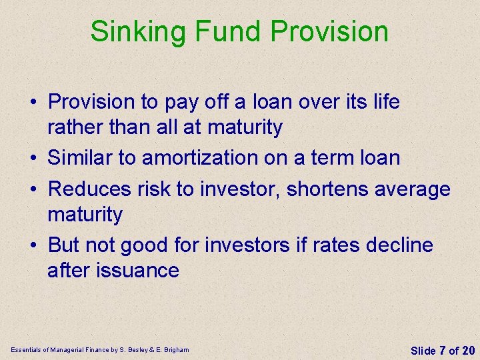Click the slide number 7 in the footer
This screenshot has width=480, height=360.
point(443,351)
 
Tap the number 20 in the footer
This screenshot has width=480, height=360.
point(468,351)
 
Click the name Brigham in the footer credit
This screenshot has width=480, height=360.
point(175,349)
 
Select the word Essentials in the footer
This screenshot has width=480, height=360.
point(25,349)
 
